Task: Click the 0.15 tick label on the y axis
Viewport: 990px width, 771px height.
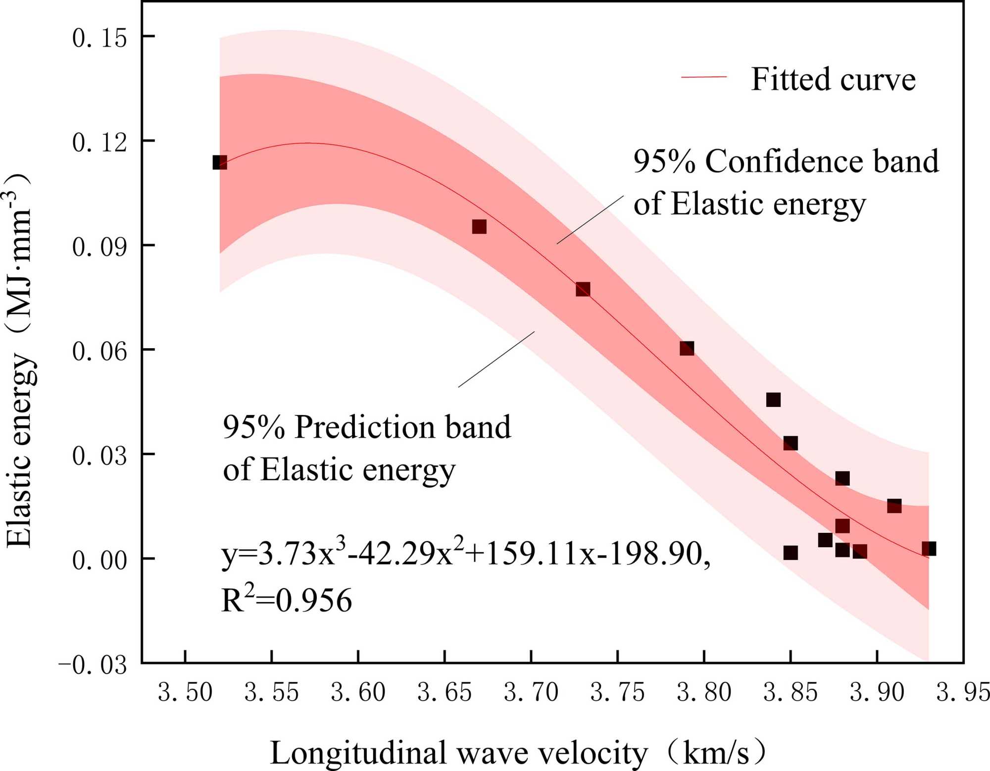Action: [99, 38]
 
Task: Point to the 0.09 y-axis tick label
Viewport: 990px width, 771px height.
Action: [99, 247]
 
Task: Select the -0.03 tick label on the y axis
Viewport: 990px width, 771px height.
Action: [93, 665]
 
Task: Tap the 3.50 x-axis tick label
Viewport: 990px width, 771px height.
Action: [185, 692]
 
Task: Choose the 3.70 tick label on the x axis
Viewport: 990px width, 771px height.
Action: [531, 692]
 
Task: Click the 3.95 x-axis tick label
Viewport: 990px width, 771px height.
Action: [963, 692]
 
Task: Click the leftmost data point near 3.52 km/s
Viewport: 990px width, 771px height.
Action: [220, 162]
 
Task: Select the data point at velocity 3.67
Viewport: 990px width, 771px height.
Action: [479, 227]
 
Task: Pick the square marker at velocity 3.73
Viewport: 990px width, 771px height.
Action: [583, 289]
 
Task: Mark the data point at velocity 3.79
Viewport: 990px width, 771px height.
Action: [687, 348]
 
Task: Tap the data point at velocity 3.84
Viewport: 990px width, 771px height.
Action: [773, 399]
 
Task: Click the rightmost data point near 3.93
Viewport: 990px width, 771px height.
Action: [929, 549]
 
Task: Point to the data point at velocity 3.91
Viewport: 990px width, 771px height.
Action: [894, 506]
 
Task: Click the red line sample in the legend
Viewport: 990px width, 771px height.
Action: [704, 77]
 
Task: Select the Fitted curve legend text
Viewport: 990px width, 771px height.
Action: [833, 79]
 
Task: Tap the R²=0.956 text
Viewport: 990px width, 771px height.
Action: [287, 600]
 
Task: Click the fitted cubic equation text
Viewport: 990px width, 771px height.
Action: [465, 553]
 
